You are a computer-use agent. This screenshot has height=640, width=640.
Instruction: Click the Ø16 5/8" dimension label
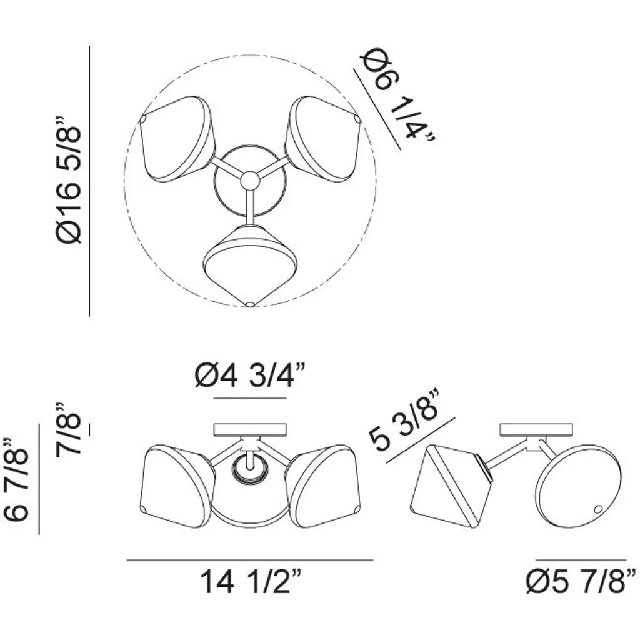(69, 180)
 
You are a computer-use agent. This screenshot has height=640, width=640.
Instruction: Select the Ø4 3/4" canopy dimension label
(250, 376)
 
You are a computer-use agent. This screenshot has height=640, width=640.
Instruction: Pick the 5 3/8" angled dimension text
(404, 421)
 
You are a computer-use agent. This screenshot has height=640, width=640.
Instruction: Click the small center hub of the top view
(250, 180)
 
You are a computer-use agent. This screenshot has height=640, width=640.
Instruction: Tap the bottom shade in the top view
(250, 265)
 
